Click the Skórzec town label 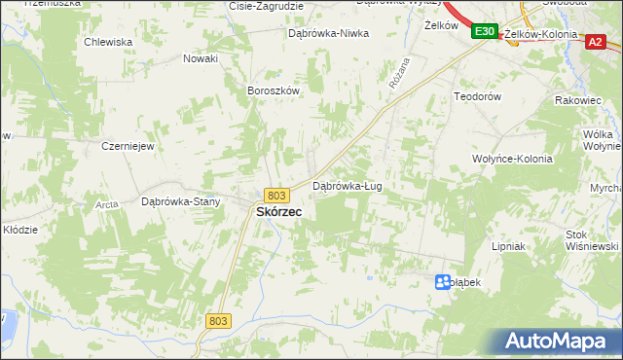click(x=277, y=211)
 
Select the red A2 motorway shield click(x=596, y=42)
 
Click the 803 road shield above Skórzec click(x=276, y=196)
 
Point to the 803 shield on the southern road click(x=218, y=321)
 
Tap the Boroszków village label click(x=272, y=90)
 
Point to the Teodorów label click(x=477, y=97)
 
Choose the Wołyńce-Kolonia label click(x=512, y=159)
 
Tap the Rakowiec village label click(x=579, y=99)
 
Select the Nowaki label click(x=201, y=58)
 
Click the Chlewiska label click(x=108, y=42)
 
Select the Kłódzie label click(x=19, y=230)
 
